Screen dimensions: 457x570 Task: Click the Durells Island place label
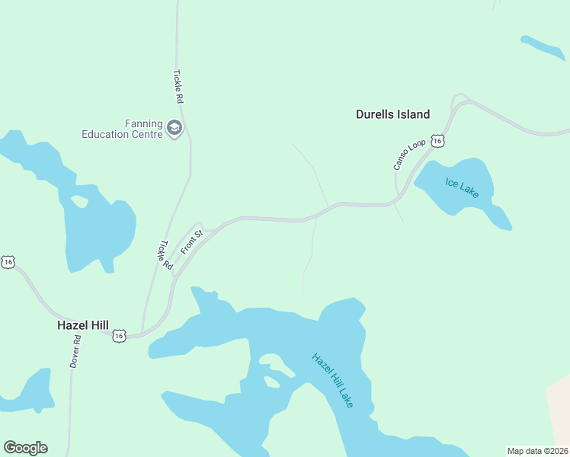point(392,114)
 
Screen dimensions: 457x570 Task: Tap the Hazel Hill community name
point(83,324)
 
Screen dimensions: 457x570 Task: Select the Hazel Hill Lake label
point(333,379)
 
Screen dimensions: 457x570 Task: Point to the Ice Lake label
point(462,188)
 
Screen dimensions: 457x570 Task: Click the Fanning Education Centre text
point(123,129)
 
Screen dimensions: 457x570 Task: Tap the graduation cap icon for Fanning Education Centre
point(175,128)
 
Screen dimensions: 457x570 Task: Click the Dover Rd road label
point(75,353)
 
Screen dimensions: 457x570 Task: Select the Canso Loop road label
point(402,155)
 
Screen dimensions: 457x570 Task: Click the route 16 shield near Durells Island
point(437,141)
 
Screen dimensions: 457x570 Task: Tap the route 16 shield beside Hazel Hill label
point(119,335)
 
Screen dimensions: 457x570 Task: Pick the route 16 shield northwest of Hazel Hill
point(8,262)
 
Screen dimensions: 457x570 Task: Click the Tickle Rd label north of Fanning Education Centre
point(178,87)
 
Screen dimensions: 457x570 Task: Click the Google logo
point(25,448)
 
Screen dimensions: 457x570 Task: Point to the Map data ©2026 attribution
point(538,450)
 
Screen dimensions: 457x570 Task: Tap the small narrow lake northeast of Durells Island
point(543,47)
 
